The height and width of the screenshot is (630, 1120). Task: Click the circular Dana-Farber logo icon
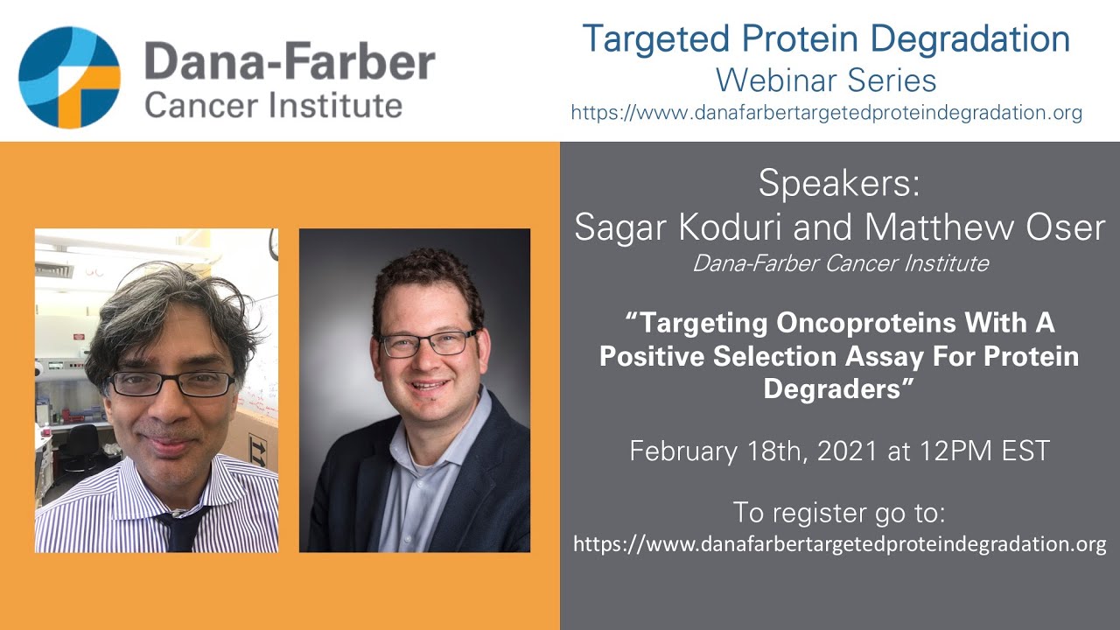coord(69,78)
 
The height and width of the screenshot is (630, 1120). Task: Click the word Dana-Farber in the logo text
coord(289,64)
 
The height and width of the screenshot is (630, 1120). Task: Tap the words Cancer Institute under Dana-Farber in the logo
coord(273,105)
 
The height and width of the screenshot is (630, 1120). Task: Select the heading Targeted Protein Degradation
coord(826,38)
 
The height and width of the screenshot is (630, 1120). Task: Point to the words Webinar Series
coord(826,80)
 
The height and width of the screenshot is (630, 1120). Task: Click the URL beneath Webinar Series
coord(826,113)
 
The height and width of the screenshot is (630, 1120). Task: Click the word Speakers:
coord(839,183)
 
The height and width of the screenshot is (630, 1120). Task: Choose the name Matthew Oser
coord(984,227)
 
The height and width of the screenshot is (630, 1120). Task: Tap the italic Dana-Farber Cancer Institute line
coord(840,262)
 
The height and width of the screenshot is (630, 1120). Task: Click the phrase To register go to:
coord(838,511)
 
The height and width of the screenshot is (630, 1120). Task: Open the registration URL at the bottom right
coord(839,544)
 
